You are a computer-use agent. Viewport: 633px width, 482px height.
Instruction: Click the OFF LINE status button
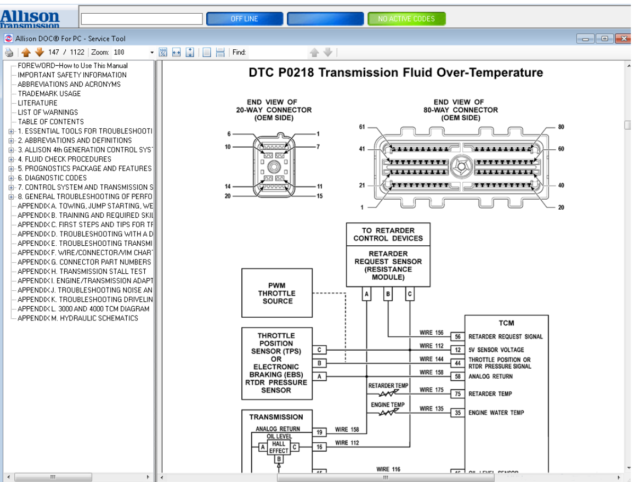click(244, 19)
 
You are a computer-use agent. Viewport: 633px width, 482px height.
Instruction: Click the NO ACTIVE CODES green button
click(406, 19)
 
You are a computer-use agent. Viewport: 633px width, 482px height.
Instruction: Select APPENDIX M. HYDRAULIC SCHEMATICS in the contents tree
click(77, 318)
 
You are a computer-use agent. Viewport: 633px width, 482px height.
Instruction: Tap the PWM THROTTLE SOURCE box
click(277, 293)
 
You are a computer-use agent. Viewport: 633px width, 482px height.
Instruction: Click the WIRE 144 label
click(432, 359)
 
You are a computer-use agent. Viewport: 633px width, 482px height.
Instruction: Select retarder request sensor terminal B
click(388, 294)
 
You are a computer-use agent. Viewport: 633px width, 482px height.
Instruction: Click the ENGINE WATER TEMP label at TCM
click(496, 413)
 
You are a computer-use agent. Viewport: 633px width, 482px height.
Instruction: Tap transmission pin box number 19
click(320, 433)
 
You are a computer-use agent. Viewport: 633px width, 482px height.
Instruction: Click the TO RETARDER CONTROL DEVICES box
click(388, 234)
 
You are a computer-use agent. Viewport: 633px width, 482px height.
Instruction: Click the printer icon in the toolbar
click(9, 52)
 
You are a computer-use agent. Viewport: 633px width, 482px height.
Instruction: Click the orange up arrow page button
click(26, 52)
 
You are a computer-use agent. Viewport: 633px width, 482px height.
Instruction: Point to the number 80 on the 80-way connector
click(561, 127)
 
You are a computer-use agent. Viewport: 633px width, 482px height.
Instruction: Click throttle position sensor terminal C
click(319, 350)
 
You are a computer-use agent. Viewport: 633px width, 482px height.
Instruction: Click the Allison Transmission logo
click(30, 19)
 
